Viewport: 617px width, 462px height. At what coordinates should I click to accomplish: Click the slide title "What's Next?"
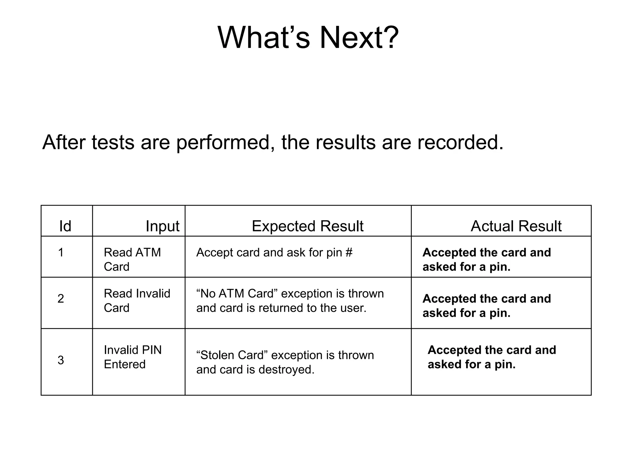click(308, 38)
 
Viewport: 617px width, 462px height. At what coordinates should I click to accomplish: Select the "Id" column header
click(65, 226)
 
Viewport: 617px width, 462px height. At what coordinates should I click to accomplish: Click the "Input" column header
click(162, 226)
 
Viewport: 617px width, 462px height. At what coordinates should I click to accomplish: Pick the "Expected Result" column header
click(307, 226)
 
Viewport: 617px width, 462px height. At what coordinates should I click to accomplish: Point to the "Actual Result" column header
click(516, 226)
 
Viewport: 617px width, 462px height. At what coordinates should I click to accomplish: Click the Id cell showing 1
click(61, 252)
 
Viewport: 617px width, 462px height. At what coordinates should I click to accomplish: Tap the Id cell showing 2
click(61, 298)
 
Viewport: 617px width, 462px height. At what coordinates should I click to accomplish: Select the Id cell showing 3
click(61, 360)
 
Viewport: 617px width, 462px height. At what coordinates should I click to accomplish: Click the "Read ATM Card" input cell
click(132, 259)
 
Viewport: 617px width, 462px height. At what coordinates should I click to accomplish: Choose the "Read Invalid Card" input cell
click(137, 300)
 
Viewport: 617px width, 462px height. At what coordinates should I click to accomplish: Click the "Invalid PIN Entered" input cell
click(133, 357)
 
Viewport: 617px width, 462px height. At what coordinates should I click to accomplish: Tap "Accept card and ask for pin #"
click(274, 252)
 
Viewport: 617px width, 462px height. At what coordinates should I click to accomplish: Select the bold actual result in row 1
click(486, 259)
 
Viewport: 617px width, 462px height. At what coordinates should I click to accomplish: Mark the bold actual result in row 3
click(491, 357)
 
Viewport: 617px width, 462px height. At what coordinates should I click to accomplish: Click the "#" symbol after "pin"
click(349, 252)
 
